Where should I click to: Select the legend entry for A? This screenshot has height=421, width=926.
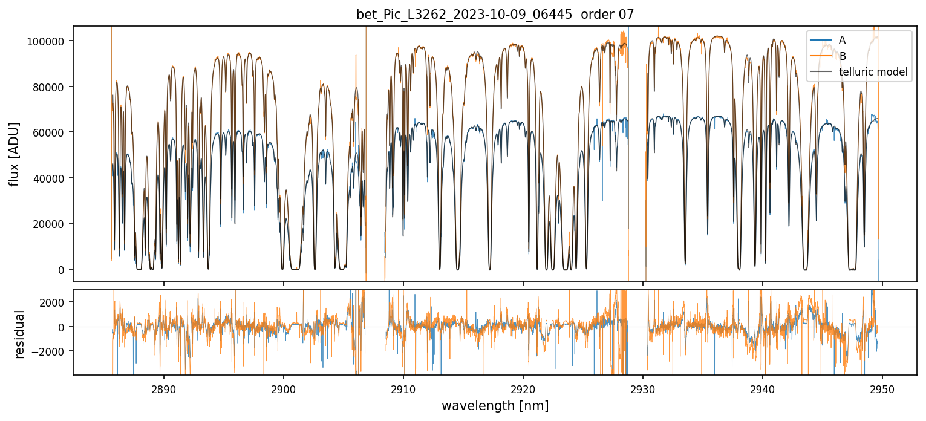842,40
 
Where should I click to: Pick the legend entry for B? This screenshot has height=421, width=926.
842,56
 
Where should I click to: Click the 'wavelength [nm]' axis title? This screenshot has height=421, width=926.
495,405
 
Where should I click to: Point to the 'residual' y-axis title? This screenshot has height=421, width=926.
20,334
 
